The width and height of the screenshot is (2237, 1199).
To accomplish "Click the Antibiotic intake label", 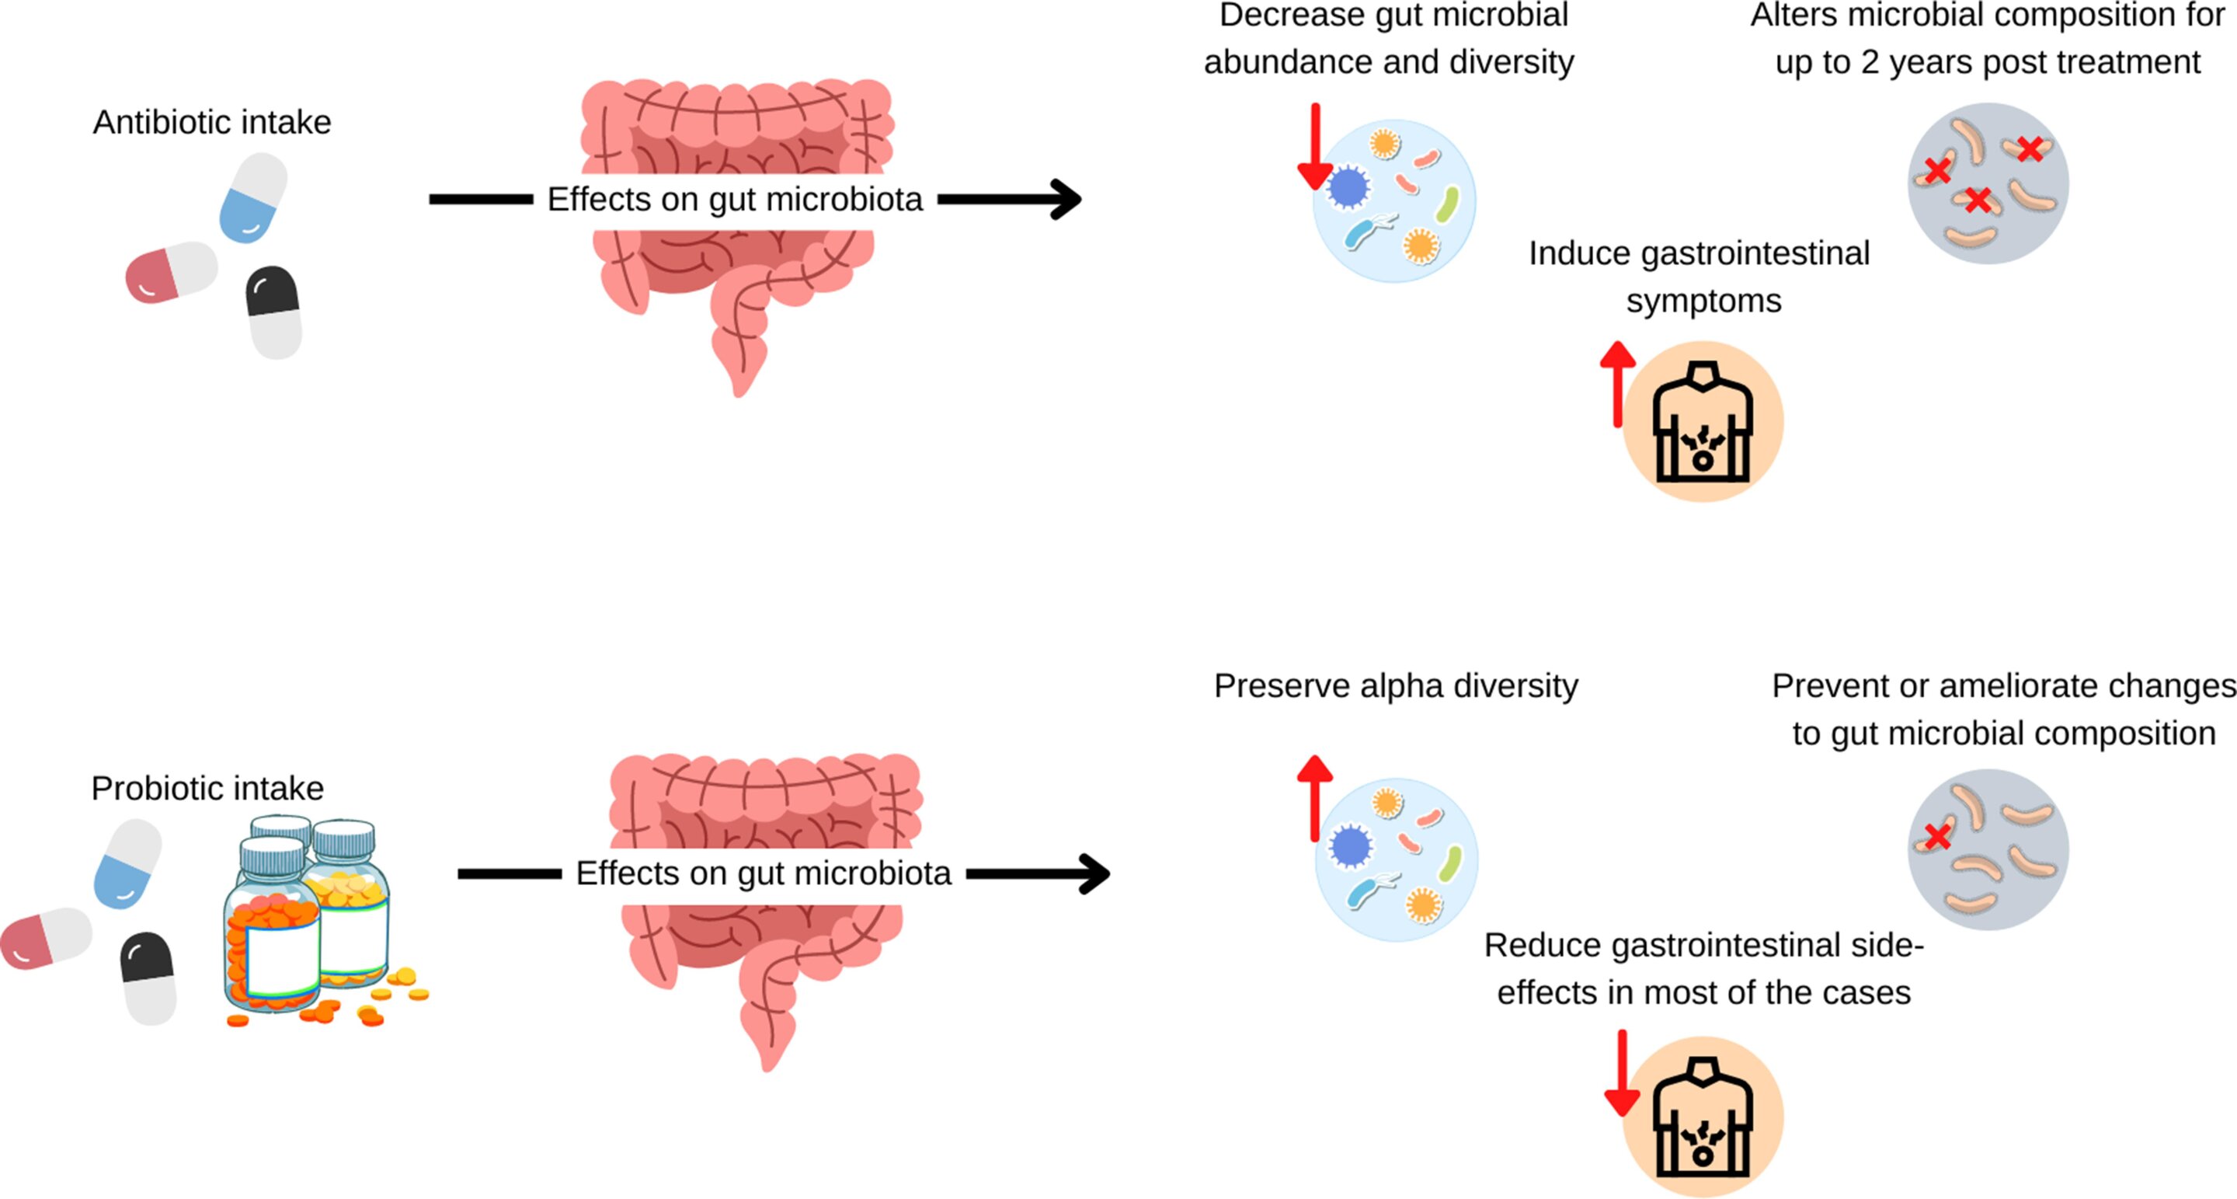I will (x=212, y=123).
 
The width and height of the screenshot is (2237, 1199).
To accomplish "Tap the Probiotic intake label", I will (x=207, y=788).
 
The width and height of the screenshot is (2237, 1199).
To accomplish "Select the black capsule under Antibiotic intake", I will (x=273, y=311).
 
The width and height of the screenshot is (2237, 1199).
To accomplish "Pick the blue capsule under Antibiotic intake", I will (x=252, y=197).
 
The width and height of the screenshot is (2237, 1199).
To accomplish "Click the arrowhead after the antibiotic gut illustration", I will (x=1066, y=199).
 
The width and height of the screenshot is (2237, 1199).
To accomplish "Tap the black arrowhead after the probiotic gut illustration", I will (x=1095, y=873).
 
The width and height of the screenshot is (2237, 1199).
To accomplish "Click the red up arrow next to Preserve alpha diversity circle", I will (x=1315, y=796).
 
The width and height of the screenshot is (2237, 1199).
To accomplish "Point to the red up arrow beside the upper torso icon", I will (x=1618, y=382).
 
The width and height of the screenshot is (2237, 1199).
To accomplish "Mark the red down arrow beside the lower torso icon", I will (x=1621, y=1074).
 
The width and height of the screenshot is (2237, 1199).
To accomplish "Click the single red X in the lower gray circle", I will (x=1937, y=837).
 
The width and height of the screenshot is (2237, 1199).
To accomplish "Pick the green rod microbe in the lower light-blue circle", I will (x=1449, y=863).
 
